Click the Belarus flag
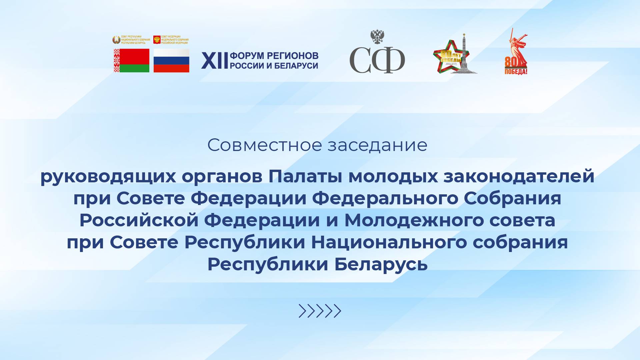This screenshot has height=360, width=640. (x=132, y=61)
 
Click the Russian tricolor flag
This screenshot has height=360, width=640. (x=171, y=61)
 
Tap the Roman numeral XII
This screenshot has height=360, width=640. (x=214, y=61)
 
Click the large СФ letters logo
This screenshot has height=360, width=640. (x=377, y=60)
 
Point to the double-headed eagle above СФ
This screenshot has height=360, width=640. (x=377, y=37)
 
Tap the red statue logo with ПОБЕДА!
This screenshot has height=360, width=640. (x=516, y=53)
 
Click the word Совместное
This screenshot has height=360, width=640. (x=265, y=145)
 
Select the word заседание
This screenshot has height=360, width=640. (x=377, y=145)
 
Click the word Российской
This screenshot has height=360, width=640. (x=139, y=220)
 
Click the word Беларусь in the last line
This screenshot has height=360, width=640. (x=381, y=264)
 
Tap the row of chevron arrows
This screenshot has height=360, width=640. (x=320, y=311)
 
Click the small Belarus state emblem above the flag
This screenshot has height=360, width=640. (x=116, y=40)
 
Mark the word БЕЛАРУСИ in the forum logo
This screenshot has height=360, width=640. (x=296, y=66)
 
